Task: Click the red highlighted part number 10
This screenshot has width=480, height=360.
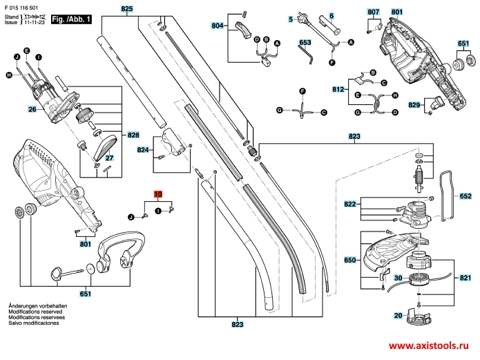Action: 157,195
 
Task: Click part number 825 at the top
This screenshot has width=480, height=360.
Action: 126,9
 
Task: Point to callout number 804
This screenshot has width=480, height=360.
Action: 218,26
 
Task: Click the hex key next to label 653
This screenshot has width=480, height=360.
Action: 309,55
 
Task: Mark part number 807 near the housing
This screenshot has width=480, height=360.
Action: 374,12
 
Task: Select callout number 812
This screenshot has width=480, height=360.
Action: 338,89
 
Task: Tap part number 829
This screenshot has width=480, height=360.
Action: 414,104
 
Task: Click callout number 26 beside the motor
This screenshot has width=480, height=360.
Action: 32,109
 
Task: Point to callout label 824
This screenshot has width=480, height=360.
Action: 143,149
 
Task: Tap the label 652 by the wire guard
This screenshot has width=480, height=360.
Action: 465,196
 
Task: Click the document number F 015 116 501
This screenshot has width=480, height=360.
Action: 23,6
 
